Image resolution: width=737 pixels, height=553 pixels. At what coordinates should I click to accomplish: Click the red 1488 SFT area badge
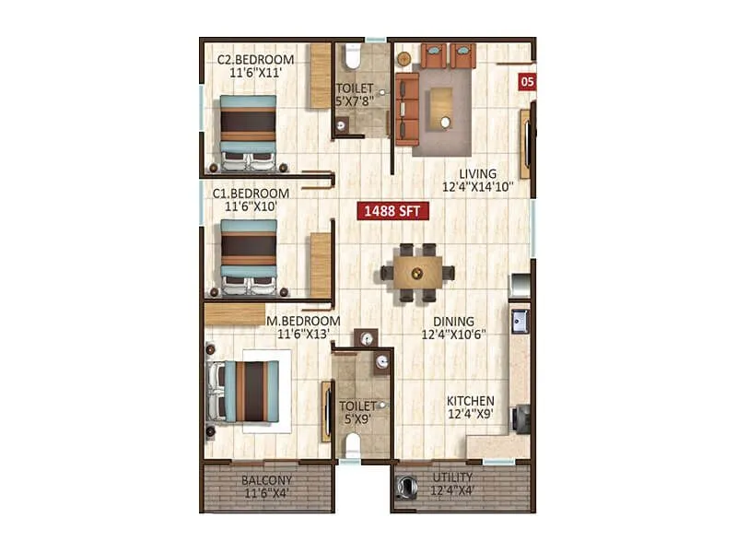coord(392,210)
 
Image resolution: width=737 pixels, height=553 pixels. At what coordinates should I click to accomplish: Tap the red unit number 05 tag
coord(528,81)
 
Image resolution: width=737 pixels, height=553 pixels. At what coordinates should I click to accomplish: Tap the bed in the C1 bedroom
coord(247,256)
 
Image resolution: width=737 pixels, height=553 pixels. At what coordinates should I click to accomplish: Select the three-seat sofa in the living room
coord(406,106)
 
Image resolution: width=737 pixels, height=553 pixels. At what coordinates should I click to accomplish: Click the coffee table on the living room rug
coord(445,107)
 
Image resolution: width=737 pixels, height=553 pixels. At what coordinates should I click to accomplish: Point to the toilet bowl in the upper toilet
coord(350,59)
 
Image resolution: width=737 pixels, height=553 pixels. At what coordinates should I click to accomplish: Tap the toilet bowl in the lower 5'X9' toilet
coord(350,446)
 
